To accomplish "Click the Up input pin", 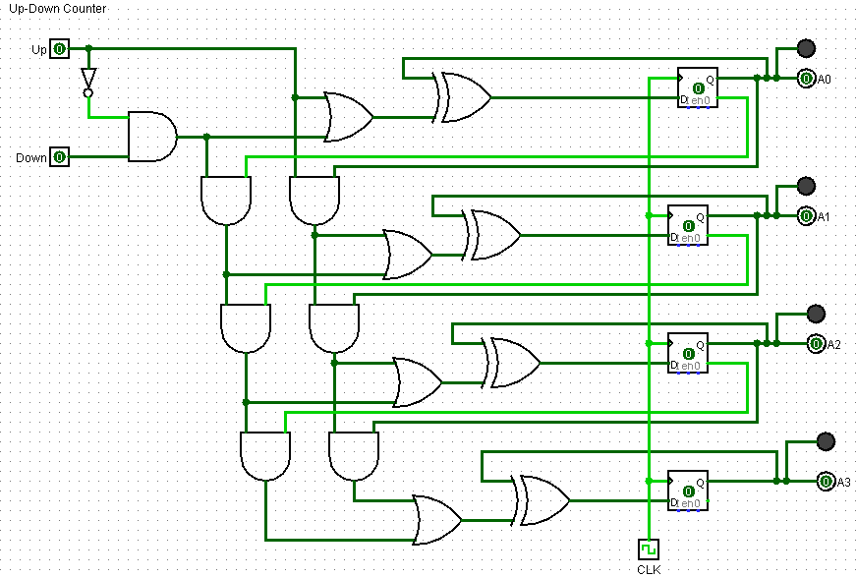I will click(x=59, y=48).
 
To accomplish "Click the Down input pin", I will click(x=59, y=157).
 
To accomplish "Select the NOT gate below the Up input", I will click(x=88, y=80).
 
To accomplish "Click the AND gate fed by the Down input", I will click(x=151, y=137).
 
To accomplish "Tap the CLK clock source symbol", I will click(x=648, y=549).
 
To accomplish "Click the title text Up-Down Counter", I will click(x=57, y=9).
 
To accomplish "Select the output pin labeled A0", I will click(x=806, y=79).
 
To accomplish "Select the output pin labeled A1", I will click(x=806, y=216).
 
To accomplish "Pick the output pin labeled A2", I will click(x=816, y=344).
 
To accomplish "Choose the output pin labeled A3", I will click(x=826, y=482).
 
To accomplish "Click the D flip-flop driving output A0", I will click(x=698, y=87).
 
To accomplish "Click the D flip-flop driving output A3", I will click(x=687, y=491).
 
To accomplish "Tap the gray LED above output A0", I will click(x=806, y=48).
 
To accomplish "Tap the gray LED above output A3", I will click(x=826, y=440).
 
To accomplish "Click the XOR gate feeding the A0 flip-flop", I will click(x=464, y=97).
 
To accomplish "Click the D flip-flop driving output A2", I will click(x=687, y=353).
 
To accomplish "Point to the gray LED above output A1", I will click(x=806, y=186).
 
